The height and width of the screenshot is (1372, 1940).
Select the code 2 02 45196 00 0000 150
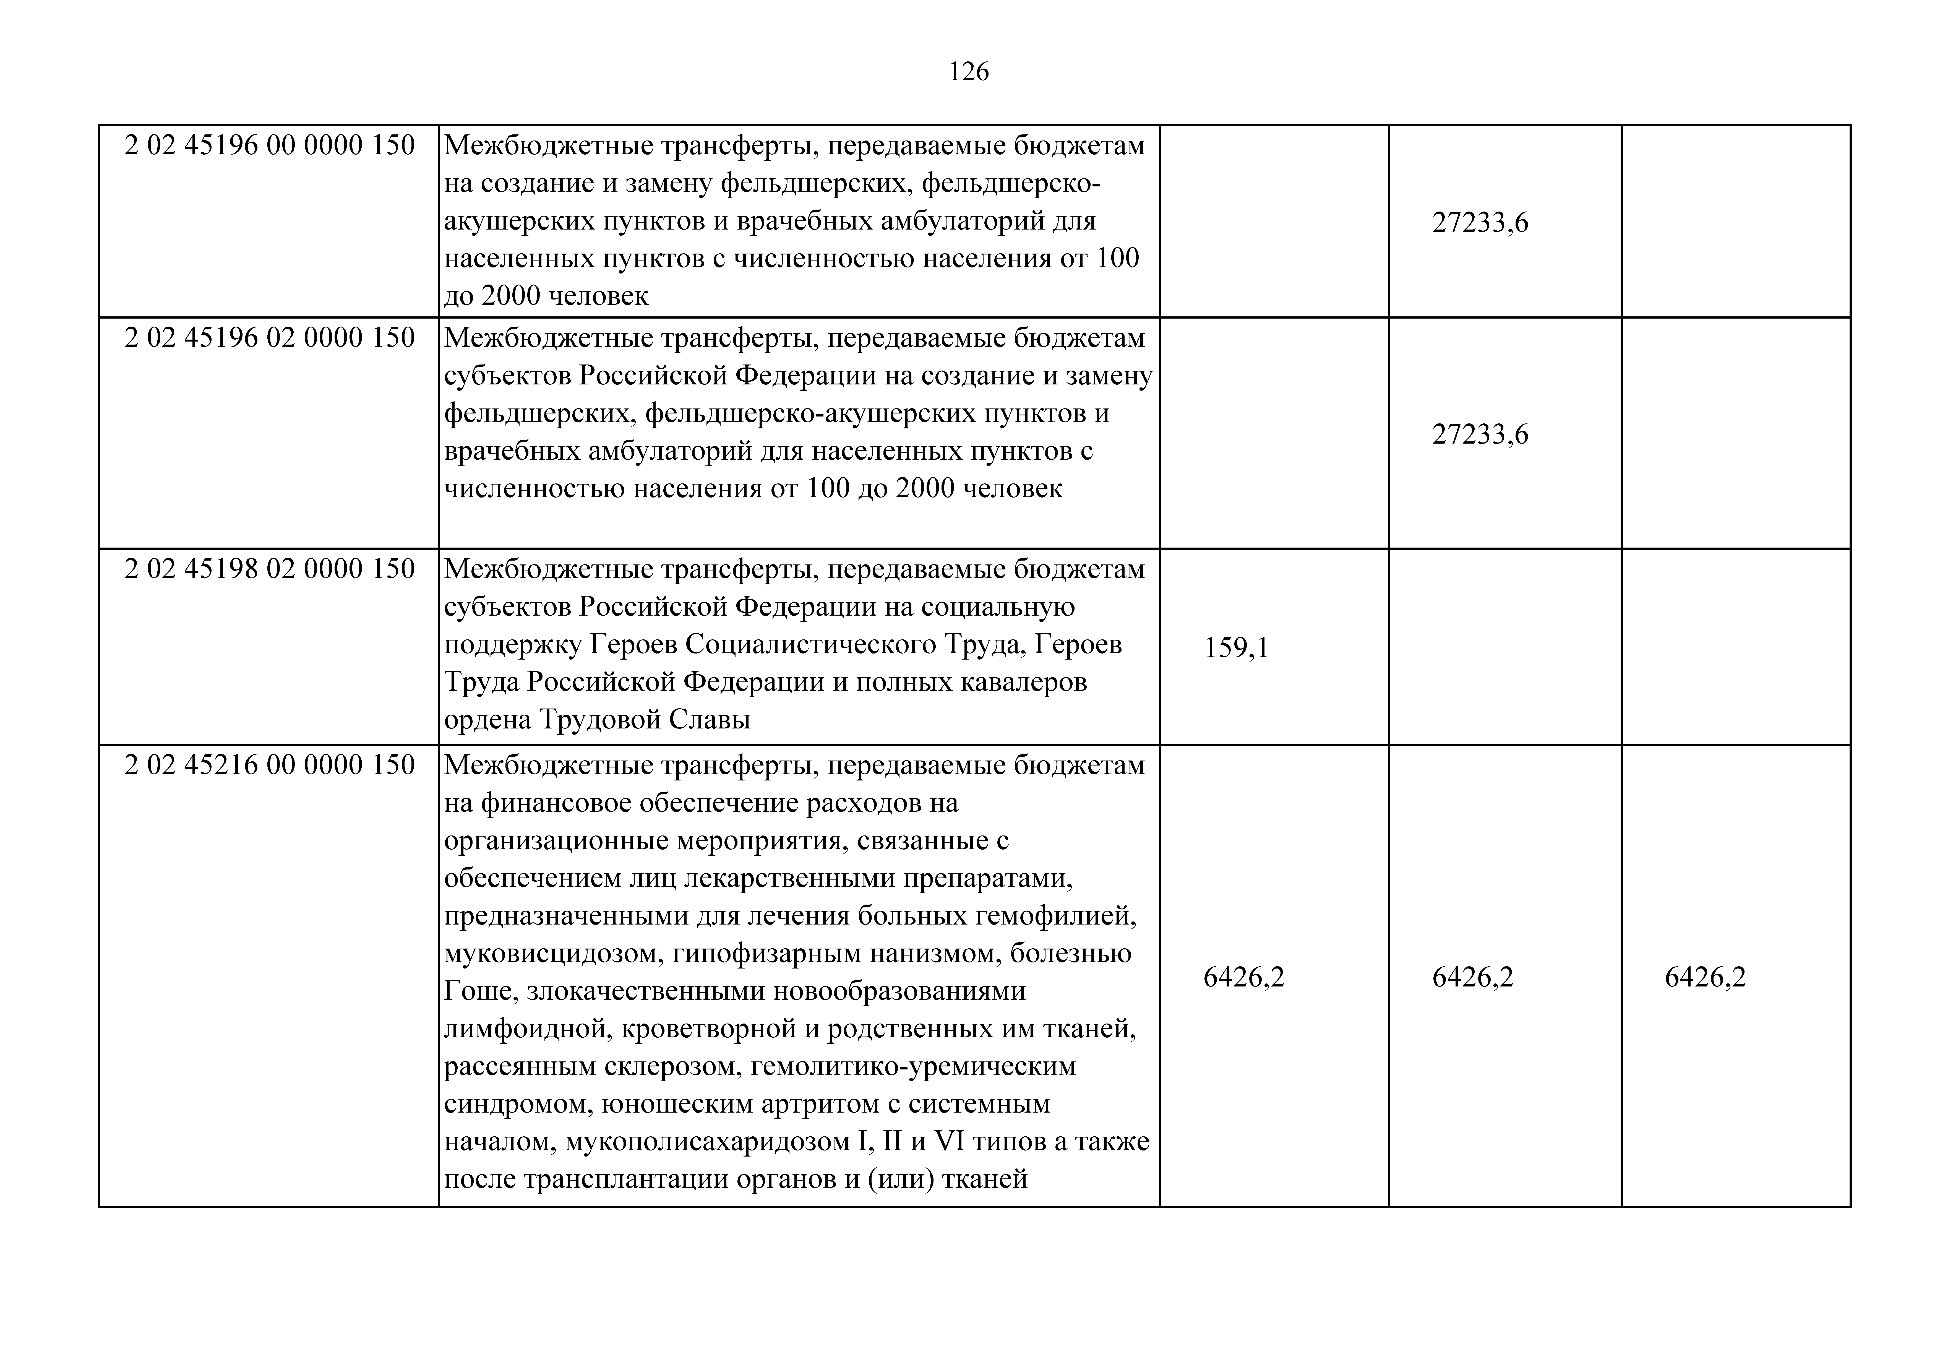coord(270,145)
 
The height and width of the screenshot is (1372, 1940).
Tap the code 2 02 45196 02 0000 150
coord(270,338)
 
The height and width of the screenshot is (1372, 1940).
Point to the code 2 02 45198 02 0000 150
coord(270,569)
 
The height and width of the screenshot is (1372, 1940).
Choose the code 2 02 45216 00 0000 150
coord(270,765)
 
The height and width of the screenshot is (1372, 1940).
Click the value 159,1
coord(1236,648)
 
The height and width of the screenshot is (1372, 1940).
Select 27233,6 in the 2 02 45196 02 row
coord(1480,434)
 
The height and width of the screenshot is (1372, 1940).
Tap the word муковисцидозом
coord(554,954)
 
